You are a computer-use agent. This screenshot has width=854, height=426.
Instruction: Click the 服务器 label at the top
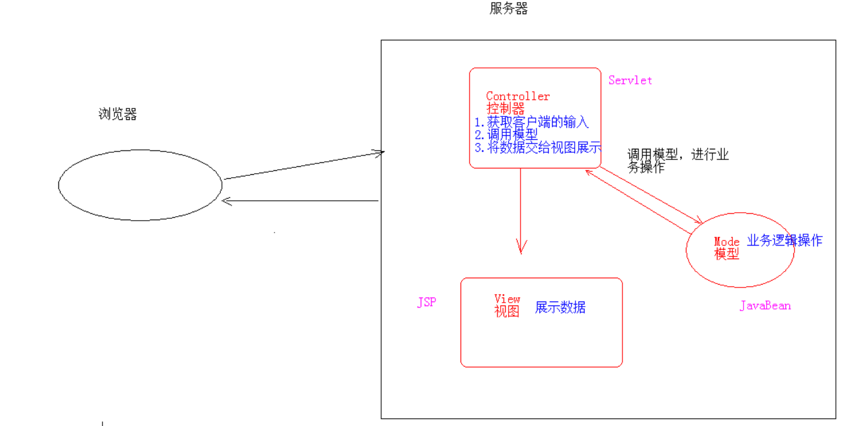[x=509, y=9]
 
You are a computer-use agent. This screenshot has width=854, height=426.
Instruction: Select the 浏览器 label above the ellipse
[x=118, y=114]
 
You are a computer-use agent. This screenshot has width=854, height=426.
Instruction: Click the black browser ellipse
[x=140, y=185]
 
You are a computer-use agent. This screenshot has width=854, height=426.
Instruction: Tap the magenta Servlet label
[x=630, y=80]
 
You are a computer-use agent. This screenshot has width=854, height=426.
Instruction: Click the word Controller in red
[x=518, y=96]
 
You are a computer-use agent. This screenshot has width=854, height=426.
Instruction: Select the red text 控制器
[x=505, y=109]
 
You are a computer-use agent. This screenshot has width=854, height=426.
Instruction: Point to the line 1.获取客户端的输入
[x=531, y=122]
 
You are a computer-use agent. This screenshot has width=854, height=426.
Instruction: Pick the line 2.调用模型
[x=506, y=135]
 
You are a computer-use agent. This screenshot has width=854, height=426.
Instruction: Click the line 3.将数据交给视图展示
[x=537, y=148]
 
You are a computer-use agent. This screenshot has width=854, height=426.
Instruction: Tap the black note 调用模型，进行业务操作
[x=677, y=161]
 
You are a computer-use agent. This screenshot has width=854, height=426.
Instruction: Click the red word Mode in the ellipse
[x=727, y=242]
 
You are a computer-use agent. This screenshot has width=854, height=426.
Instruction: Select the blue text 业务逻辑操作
[x=784, y=240]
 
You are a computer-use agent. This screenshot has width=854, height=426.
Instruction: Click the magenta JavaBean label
[x=765, y=306]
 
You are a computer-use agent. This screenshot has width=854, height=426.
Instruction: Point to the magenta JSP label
[x=426, y=303]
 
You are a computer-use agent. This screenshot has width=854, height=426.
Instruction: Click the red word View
[x=507, y=299]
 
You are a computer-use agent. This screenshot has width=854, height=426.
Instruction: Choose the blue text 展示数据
[x=560, y=308]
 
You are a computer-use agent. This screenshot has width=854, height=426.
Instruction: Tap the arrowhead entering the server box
[x=379, y=152]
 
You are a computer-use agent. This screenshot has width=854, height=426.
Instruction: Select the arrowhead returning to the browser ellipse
[x=227, y=201]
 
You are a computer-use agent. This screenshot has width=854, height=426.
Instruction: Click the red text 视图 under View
[x=507, y=312]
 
